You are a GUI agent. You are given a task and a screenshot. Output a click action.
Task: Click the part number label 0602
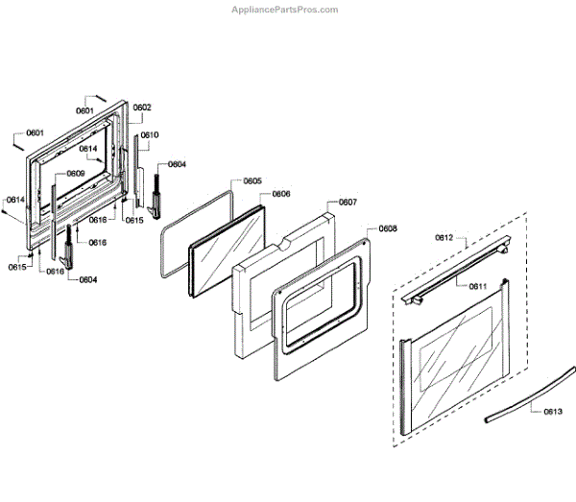[142, 108]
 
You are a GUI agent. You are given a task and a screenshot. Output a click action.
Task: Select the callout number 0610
[150, 135]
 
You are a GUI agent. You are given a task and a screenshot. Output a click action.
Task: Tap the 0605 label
[252, 180]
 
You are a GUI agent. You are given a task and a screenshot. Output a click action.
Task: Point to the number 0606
[281, 194]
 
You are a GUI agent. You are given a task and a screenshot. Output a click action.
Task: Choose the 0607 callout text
[348, 203]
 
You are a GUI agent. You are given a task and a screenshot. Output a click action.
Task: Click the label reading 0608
[389, 228]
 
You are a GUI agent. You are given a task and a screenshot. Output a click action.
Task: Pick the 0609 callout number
[76, 174]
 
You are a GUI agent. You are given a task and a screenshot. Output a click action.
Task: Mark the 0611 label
[478, 286]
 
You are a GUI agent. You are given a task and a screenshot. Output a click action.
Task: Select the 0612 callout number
[444, 236]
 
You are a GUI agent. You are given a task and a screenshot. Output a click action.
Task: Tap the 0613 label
[553, 411]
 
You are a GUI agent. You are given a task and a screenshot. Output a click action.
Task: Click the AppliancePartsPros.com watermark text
[285, 10]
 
